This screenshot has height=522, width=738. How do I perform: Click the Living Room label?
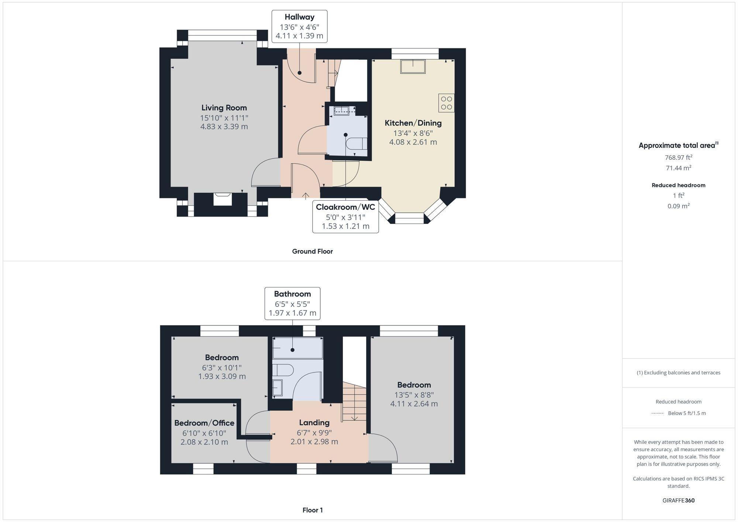coord(224,108)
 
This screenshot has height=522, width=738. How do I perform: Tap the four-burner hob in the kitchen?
coord(446,103)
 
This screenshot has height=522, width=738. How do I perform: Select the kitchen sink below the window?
coord(413,67)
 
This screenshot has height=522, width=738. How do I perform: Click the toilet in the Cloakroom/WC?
coord(356,144)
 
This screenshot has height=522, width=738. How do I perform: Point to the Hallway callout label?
coord(299,17)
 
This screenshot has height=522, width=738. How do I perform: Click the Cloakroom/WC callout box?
coord(345,217)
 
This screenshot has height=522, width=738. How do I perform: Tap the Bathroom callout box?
coord(292,303)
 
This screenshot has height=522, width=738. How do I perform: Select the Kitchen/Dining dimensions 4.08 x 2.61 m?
coord(413,142)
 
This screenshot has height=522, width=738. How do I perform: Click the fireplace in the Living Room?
coord(223,199)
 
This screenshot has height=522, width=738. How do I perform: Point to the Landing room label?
coord(314,422)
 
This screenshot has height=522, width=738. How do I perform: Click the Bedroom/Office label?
coord(204,423)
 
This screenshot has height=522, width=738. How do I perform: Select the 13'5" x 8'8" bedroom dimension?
coord(414,395)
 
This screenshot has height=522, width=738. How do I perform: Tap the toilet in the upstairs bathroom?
coord(283,370)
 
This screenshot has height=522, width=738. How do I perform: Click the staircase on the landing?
coord(354,402)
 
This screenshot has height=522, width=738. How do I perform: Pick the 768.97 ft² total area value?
coord(678,158)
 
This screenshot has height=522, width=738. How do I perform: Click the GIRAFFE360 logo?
coord(678,501)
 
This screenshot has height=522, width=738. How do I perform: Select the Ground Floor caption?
coord(312,251)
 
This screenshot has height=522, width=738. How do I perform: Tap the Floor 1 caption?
coord(312,510)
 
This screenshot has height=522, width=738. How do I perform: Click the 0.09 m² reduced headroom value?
coord(678,206)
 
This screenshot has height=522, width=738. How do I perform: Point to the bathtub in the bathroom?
coord(297,348)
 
